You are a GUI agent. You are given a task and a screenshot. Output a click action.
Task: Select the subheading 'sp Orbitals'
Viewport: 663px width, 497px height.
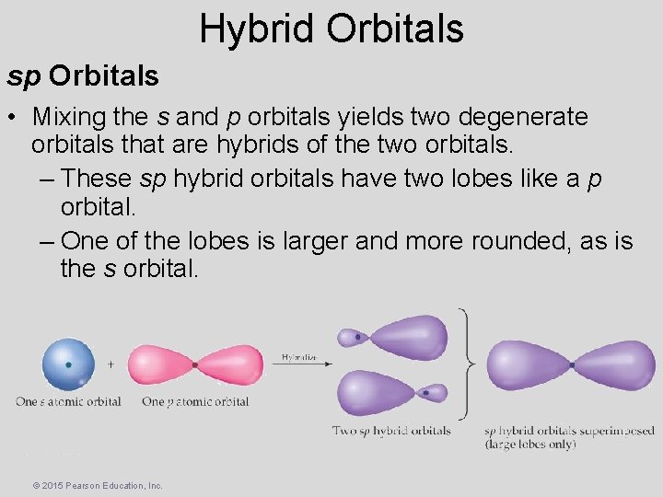[x=84, y=75]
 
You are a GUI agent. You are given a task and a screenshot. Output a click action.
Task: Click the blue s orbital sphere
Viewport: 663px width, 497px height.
[x=67, y=364]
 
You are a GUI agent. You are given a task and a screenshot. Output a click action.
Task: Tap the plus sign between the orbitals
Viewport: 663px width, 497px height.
[x=110, y=364]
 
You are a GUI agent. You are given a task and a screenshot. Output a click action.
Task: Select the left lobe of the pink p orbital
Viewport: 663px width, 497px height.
[x=158, y=364]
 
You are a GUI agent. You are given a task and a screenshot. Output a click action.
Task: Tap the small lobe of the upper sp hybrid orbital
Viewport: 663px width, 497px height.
[x=352, y=338]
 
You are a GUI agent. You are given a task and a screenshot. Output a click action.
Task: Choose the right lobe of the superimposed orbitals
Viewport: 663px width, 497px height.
[x=617, y=365]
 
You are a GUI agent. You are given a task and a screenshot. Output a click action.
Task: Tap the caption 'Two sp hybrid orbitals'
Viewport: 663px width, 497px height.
[x=391, y=431]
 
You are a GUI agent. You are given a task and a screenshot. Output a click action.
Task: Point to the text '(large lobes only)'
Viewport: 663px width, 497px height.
[x=530, y=445]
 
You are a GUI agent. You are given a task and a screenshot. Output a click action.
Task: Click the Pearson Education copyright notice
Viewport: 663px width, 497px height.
[x=97, y=485]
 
